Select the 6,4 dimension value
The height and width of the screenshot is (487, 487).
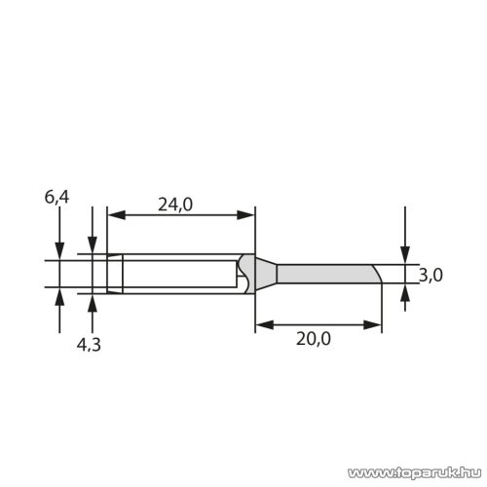pos(56,198)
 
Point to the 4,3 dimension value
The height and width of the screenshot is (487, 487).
pos(90,344)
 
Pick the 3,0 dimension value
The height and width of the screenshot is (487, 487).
pos(431,276)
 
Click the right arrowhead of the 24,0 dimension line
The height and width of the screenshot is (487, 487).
pos(247,214)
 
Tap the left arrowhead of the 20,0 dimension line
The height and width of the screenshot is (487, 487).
pos(261,325)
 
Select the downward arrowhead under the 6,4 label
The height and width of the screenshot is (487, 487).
pos(60,250)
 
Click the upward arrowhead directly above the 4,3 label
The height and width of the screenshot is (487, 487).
pos(93,301)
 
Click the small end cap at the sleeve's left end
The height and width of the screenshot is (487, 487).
pos(115,275)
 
